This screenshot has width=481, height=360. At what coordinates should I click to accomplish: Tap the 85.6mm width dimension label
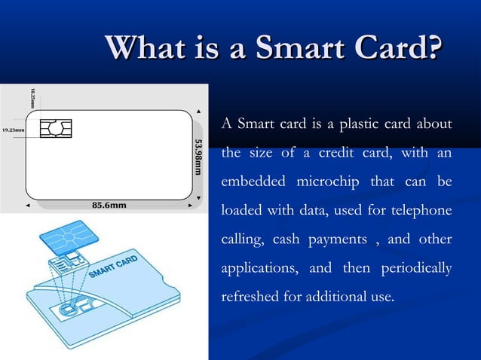click(x=109, y=204)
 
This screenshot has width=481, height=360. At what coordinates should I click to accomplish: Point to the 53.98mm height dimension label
click(x=198, y=157)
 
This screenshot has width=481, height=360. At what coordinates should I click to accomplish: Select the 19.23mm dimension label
click(x=13, y=130)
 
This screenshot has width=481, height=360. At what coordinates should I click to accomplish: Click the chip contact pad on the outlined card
click(x=55, y=130)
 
